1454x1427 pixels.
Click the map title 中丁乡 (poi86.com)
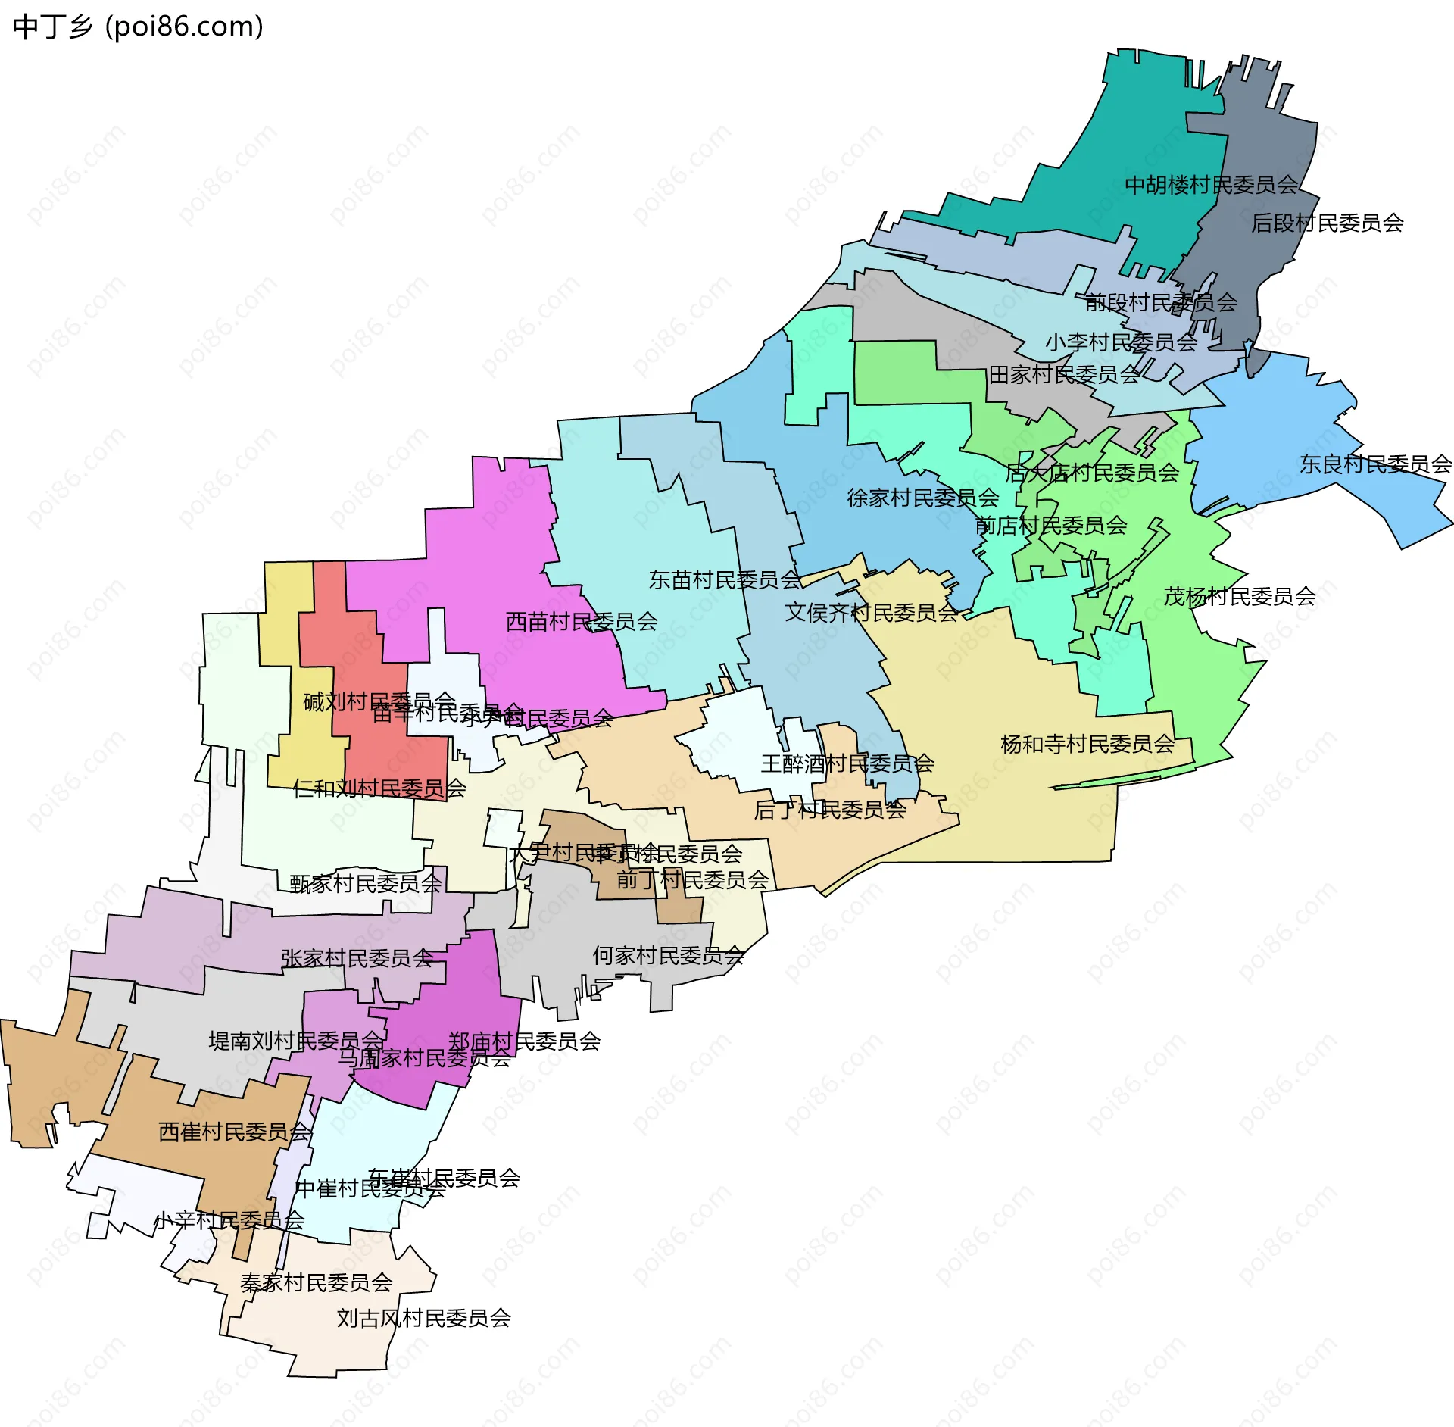click(x=139, y=27)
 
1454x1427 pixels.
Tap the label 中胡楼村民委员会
click(x=1211, y=185)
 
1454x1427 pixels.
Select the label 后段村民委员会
click(x=1327, y=223)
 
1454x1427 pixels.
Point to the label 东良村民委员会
click(x=1375, y=464)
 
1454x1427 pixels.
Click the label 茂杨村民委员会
click(x=1240, y=596)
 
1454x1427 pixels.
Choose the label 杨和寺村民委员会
click(x=1087, y=744)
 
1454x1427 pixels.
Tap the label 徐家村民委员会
click(x=923, y=498)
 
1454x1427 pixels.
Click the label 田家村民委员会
click(x=1064, y=374)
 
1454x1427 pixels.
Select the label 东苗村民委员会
click(x=725, y=579)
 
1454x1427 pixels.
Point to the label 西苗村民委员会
click(x=582, y=621)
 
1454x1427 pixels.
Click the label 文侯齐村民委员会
click(x=872, y=612)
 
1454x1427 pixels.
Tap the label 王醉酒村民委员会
click(x=847, y=763)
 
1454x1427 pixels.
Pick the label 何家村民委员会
click(x=668, y=955)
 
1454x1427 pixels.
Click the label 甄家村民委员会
click(x=366, y=883)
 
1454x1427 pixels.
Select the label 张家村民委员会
click(x=357, y=958)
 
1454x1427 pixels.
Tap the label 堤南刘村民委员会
click(x=296, y=1041)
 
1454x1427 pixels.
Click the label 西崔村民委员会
click(x=235, y=1132)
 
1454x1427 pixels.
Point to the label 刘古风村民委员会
click(x=424, y=1318)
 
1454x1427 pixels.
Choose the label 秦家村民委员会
click(x=317, y=1282)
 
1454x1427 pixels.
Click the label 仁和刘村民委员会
click(x=379, y=788)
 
